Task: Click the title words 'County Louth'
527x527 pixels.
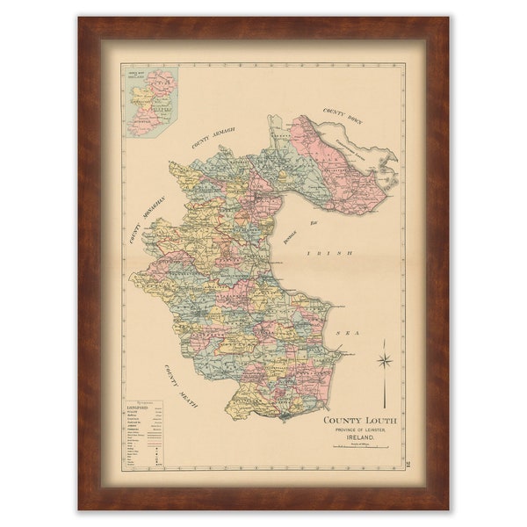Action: point(359,421)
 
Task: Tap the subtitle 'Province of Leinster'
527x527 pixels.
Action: point(359,430)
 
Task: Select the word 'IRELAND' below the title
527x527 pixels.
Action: point(359,437)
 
